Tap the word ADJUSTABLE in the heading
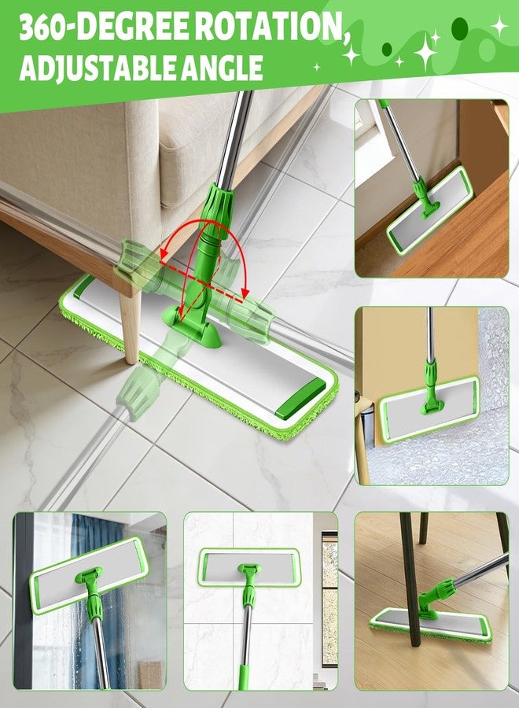click(84, 68)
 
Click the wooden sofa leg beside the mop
click(131, 326)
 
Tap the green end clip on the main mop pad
click(300, 399)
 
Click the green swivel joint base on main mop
click(192, 326)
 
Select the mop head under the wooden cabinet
click(429, 210)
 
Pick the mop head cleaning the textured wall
click(429, 409)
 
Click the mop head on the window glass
click(89, 575)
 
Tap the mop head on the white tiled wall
click(248, 567)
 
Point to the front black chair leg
click(410, 579)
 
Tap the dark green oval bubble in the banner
click(459, 28)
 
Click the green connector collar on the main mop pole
click(218, 208)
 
